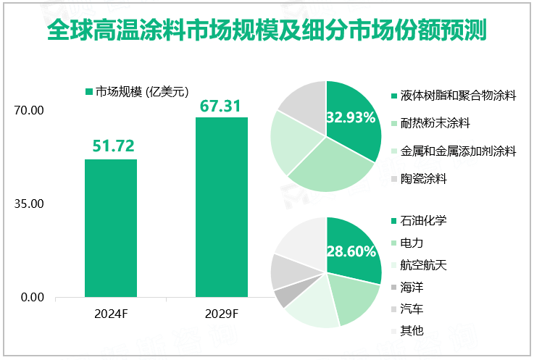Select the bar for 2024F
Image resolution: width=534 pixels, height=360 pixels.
111,228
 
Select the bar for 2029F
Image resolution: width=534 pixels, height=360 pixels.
222,207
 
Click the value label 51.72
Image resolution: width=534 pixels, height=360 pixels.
112,146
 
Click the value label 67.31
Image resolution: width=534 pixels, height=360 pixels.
222,106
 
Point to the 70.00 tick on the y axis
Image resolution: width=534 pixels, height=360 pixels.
30,111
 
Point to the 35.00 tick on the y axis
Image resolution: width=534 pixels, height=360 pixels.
30,204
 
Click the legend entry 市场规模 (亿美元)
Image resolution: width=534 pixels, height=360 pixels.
136,91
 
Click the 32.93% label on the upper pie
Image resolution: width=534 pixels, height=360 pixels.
351,117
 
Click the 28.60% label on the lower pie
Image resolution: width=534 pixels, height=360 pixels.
351,252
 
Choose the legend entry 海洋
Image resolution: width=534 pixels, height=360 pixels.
412,287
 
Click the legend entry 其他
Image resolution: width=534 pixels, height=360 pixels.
412,331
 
